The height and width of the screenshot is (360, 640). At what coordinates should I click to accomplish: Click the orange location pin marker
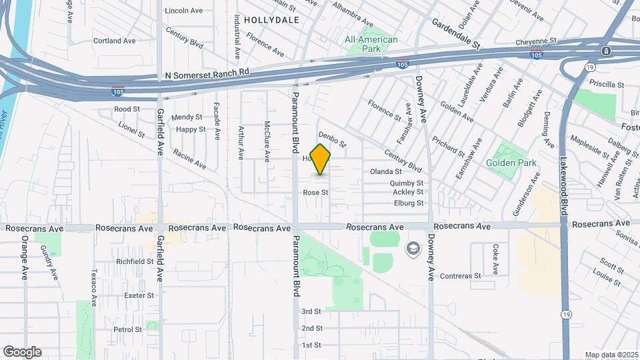[x=321, y=159]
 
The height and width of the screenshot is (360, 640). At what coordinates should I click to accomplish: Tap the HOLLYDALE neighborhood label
[x=271, y=20]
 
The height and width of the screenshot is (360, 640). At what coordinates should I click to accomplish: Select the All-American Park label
[x=371, y=44]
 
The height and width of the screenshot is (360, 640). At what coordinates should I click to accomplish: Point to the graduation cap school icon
[x=413, y=249]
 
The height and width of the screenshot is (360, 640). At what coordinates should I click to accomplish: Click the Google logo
[x=22, y=351]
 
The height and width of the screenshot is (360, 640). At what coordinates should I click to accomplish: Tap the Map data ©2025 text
[x=611, y=355]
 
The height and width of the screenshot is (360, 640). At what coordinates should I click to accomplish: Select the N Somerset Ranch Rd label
[x=207, y=71]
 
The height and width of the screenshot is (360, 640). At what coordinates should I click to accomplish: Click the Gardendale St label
[x=456, y=35]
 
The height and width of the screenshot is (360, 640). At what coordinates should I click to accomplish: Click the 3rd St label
[x=311, y=311]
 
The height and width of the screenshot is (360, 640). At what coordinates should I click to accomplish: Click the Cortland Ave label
[x=114, y=41]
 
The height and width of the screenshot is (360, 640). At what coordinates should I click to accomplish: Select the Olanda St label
[x=386, y=171]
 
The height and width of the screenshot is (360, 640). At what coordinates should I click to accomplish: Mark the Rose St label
[x=316, y=192]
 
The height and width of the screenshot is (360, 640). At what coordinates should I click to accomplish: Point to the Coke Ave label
[x=495, y=259]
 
